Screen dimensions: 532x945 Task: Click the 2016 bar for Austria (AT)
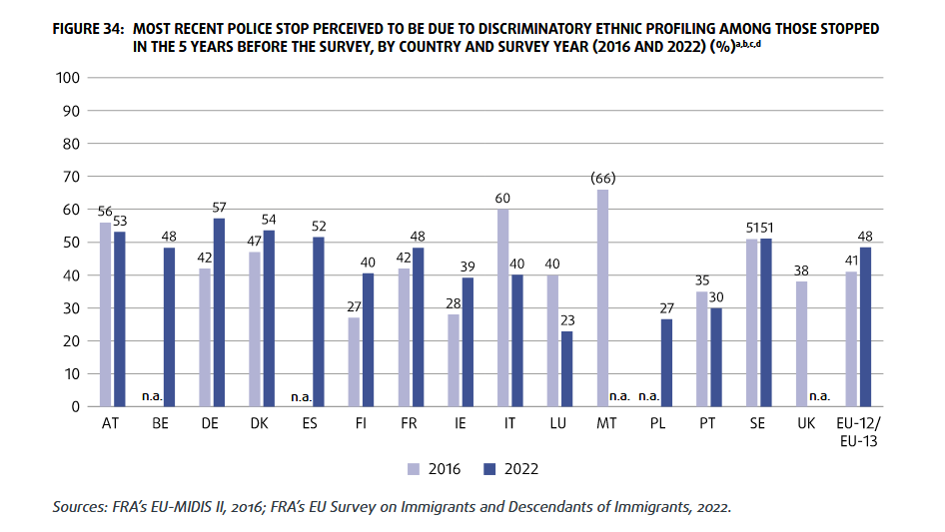click(105, 314)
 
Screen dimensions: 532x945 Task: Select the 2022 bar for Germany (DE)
click(219, 312)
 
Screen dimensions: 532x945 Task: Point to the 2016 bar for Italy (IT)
click(503, 307)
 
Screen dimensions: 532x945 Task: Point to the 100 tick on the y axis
click(69, 78)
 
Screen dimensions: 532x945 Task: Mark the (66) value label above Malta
click(603, 178)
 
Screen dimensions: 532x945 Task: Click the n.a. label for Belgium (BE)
click(153, 396)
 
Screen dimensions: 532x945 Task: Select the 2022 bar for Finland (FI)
click(369, 340)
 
